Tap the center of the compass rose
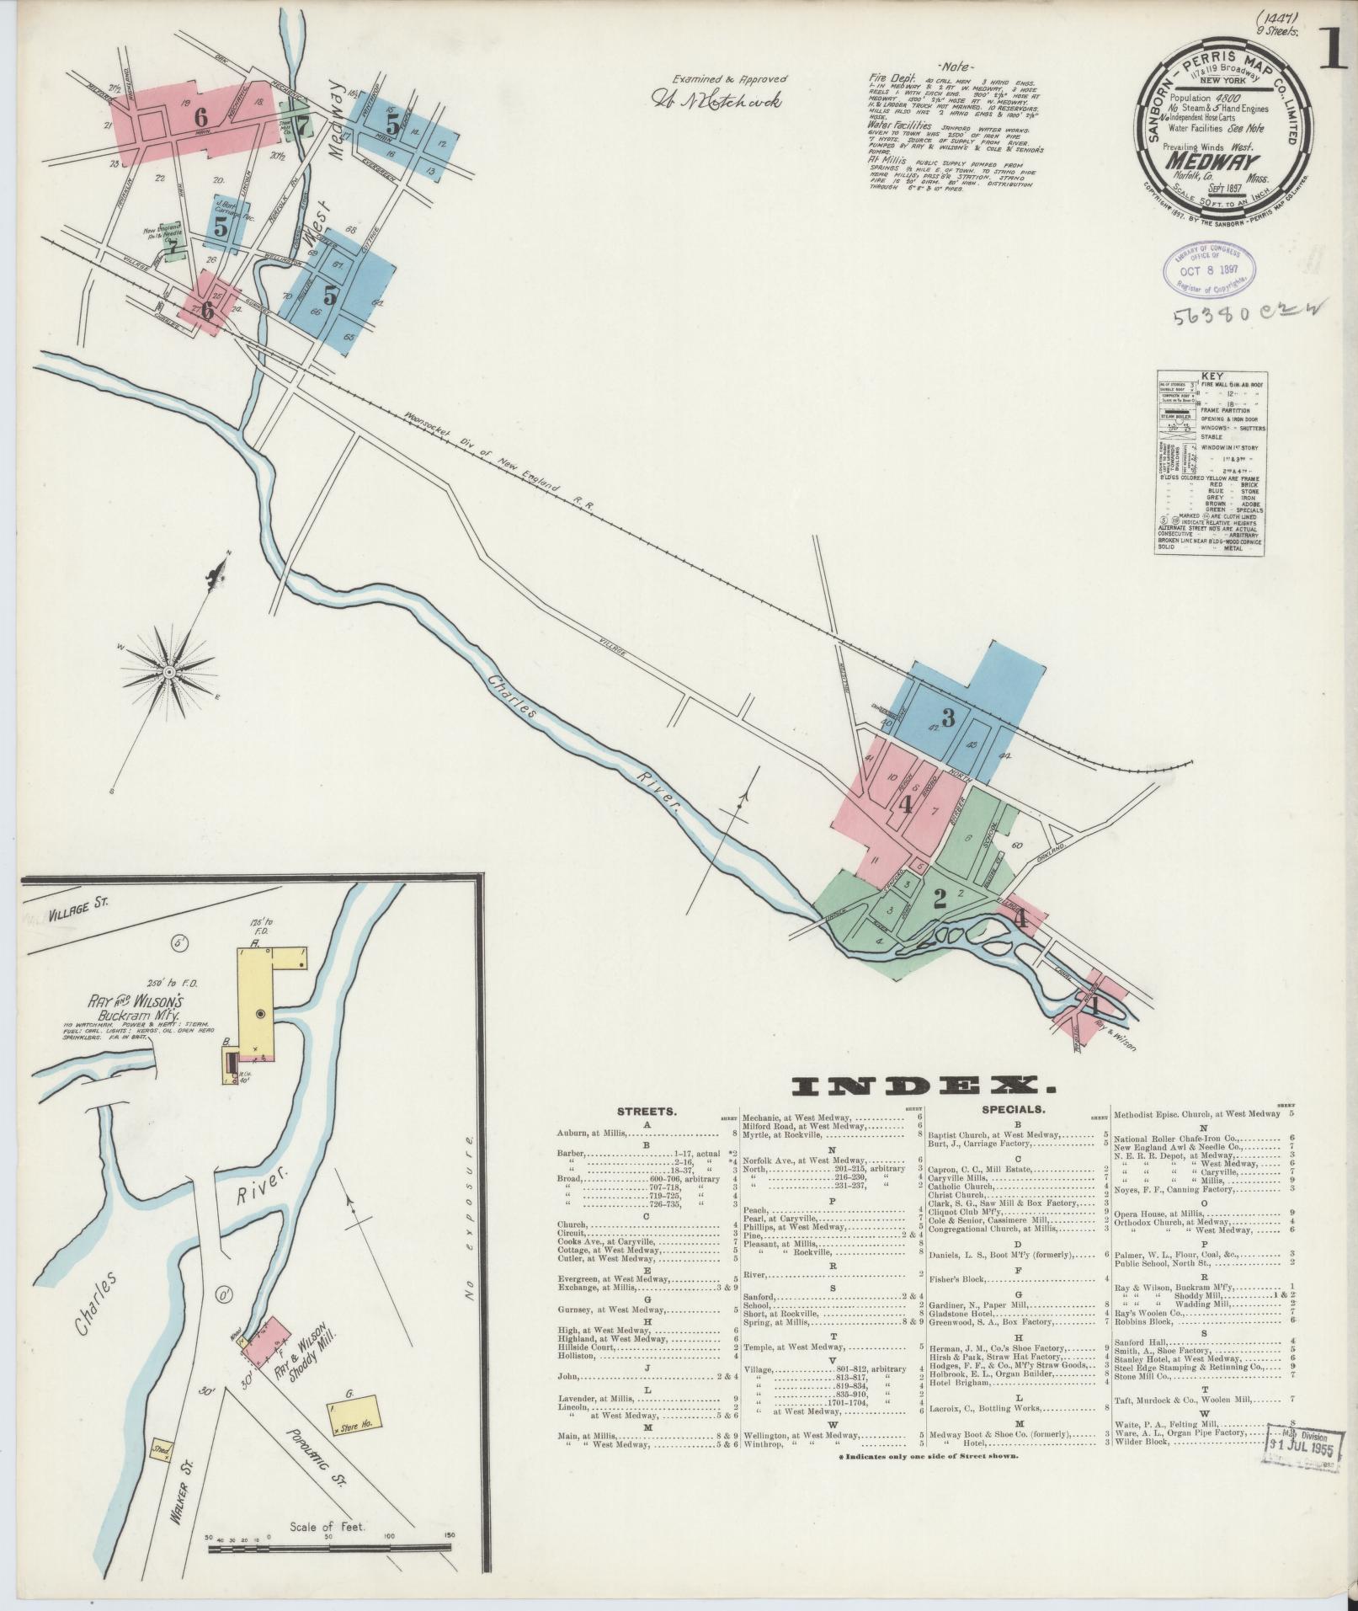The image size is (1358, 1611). tap(169, 672)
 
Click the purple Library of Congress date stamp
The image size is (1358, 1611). tap(1211, 269)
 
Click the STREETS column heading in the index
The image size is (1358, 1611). tap(645, 1111)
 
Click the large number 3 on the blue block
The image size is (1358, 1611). tap(948, 718)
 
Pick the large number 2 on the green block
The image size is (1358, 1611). tap(940, 899)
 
